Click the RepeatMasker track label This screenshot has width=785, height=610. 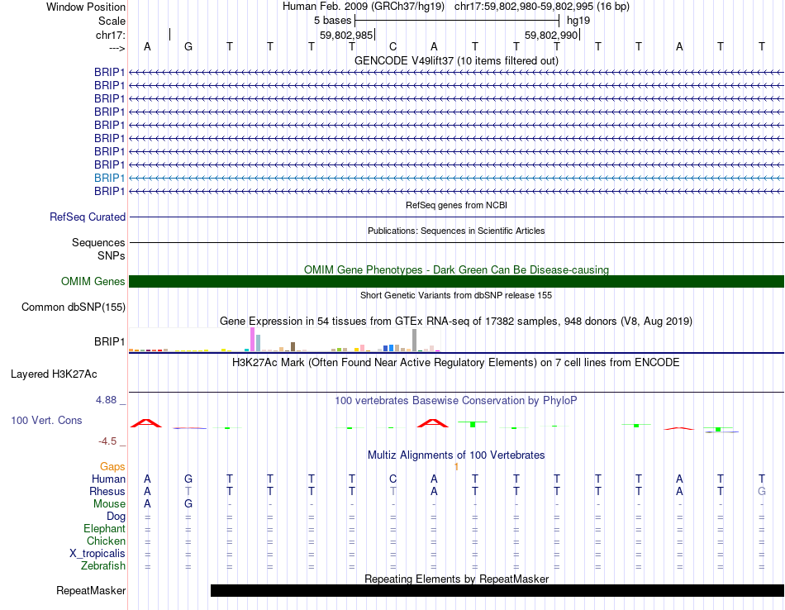click(91, 591)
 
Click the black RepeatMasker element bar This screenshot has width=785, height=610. click(496, 590)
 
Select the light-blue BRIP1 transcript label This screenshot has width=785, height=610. click(109, 178)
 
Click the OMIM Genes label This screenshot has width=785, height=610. click(93, 282)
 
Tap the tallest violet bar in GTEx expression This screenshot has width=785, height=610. click(252, 340)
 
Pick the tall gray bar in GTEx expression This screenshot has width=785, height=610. click(414, 340)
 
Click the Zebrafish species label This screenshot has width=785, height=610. click(103, 566)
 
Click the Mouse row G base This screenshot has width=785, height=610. click(188, 504)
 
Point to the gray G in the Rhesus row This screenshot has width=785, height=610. click(762, 492)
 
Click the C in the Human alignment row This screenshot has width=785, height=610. click(393, 479)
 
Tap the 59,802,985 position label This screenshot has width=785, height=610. click(346, 36)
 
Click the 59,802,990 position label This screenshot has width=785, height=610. click(551, 36)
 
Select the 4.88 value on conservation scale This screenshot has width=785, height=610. click(110, 400)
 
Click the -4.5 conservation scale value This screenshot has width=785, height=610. click(112, 441)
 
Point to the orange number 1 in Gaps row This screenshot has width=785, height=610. click(456, 467)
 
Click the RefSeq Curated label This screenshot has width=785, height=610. click(88, 217)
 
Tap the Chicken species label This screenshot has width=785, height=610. click(106, 541)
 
